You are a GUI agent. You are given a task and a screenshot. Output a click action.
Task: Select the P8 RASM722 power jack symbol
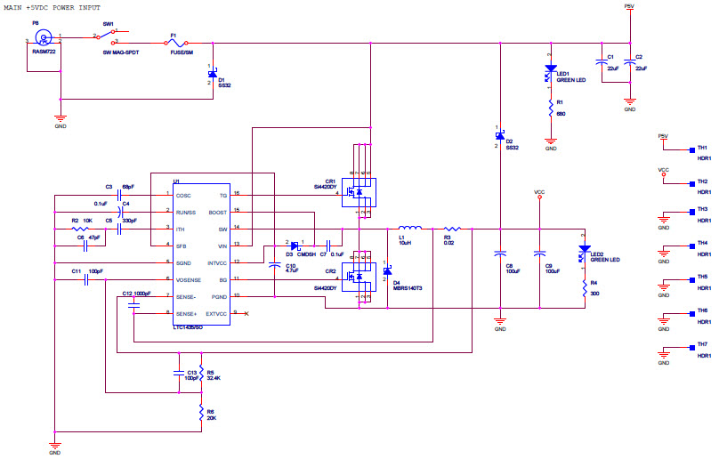pyautogui.click(x=41, y=38)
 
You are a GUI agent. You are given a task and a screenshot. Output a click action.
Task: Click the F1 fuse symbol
pyautogui.click(x=176, y=42)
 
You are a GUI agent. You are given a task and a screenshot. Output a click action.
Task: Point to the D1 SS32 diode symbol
pyautogui.click(x=210, y=75)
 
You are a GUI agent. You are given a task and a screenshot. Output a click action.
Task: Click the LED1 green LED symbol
pyautogui.click(x=551, y=70)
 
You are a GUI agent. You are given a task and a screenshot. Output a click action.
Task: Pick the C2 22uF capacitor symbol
pyautogui.click(x=630, y=64)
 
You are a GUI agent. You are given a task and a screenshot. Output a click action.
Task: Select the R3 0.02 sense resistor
pyautogui.click(x=449, y=229)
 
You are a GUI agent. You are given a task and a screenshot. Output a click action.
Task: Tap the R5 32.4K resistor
pyautogui.click(x=201, y=372)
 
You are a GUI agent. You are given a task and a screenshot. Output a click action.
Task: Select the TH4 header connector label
pyautogui.click(x=702, y=243)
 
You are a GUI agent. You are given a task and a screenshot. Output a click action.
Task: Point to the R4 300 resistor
pyautogui.click(x=585, y=287)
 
